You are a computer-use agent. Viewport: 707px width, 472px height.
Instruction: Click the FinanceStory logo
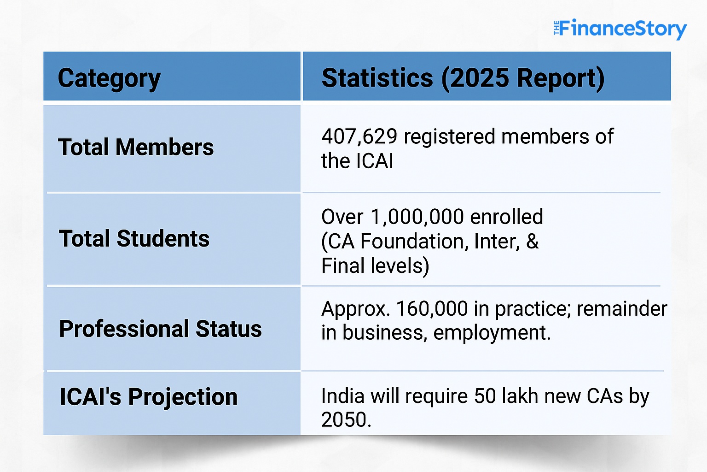[620, 29]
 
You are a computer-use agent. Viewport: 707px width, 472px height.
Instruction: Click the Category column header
[109, 78]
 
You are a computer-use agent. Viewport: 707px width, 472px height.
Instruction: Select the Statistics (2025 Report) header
[463, 78]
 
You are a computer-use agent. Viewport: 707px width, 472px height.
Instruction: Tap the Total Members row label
[136, 147]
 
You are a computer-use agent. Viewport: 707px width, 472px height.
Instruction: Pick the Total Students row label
[134, 239]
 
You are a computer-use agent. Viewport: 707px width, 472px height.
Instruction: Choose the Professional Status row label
[160, 329]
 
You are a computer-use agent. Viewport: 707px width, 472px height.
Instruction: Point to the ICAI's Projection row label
[149, 397]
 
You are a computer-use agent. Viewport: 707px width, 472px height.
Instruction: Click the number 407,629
[359, 137]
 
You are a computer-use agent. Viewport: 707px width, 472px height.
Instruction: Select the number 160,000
[432, 309]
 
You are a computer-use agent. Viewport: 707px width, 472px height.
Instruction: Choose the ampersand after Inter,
[532, 242]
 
